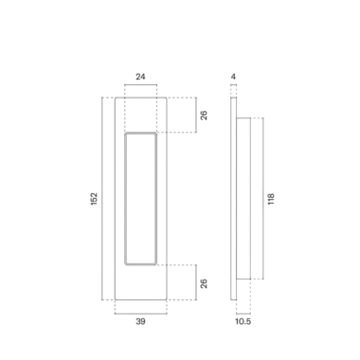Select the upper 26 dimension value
click(203, 116)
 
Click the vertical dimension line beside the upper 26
click(194, 116)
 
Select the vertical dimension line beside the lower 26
click(194, 281)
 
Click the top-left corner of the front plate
click(115, 97)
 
